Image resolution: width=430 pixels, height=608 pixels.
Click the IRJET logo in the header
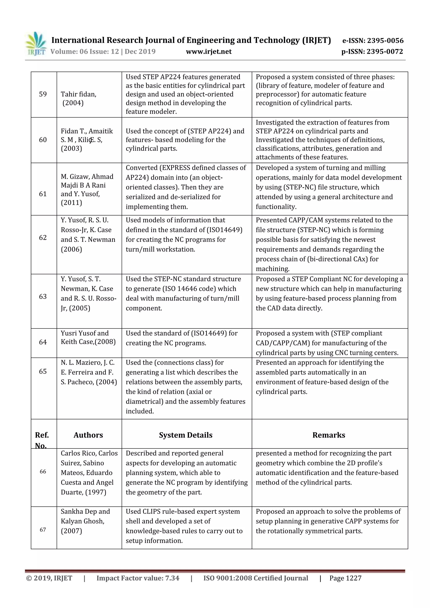coord(35,43)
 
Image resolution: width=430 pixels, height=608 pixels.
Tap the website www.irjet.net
coord(208,51)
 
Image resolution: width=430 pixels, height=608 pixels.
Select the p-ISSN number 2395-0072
coord(385,51)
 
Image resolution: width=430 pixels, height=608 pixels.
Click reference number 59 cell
coord(43,94)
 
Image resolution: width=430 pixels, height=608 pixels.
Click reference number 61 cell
coord(43,194)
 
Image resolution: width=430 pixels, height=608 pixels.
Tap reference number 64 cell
coord(43,342)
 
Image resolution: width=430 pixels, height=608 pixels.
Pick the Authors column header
coord(88,435)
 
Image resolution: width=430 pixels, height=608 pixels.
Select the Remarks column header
coord(329,435)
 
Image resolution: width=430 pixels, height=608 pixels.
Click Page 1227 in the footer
coord(345,578)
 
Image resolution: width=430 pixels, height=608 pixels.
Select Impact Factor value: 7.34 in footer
coord(138,578)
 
